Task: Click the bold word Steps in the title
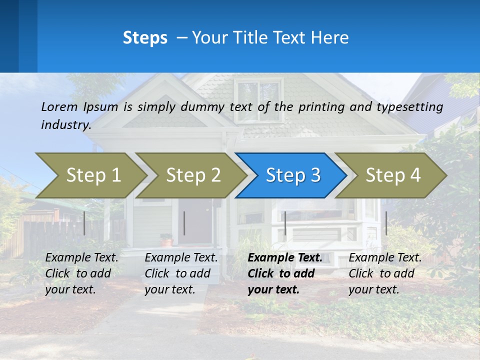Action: pos(145,38)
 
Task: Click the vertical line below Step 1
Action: pos(84,223)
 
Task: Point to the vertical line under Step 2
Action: pos(184,223)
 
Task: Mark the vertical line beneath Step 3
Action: pos(285,223)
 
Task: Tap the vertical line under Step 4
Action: pos(386,223)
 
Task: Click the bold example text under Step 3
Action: pos(284,273)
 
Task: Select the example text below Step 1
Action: pos(81,273)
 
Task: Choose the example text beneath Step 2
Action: pos(181,273)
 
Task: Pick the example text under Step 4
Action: pos(384,273)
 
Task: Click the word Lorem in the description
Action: pos(59,107)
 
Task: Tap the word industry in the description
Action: pos(65,125)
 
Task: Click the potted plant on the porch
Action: pos(166,240)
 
